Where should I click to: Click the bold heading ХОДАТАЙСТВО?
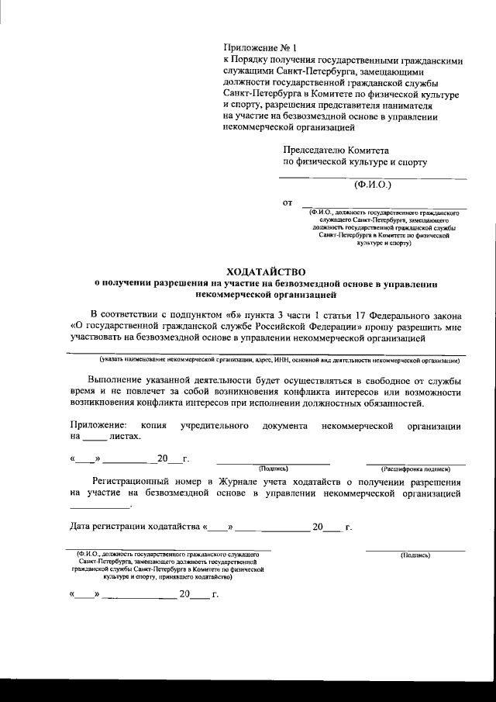click(x=265, y=271)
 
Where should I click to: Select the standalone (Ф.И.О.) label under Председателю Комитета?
click(x=374, y=185)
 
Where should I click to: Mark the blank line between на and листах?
click(x=97, y=438)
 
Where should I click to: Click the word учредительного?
click(x=214, y=426)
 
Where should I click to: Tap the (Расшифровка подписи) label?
click(x=415, y=469)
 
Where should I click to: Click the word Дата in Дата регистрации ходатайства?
click(x=82, y=527)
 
